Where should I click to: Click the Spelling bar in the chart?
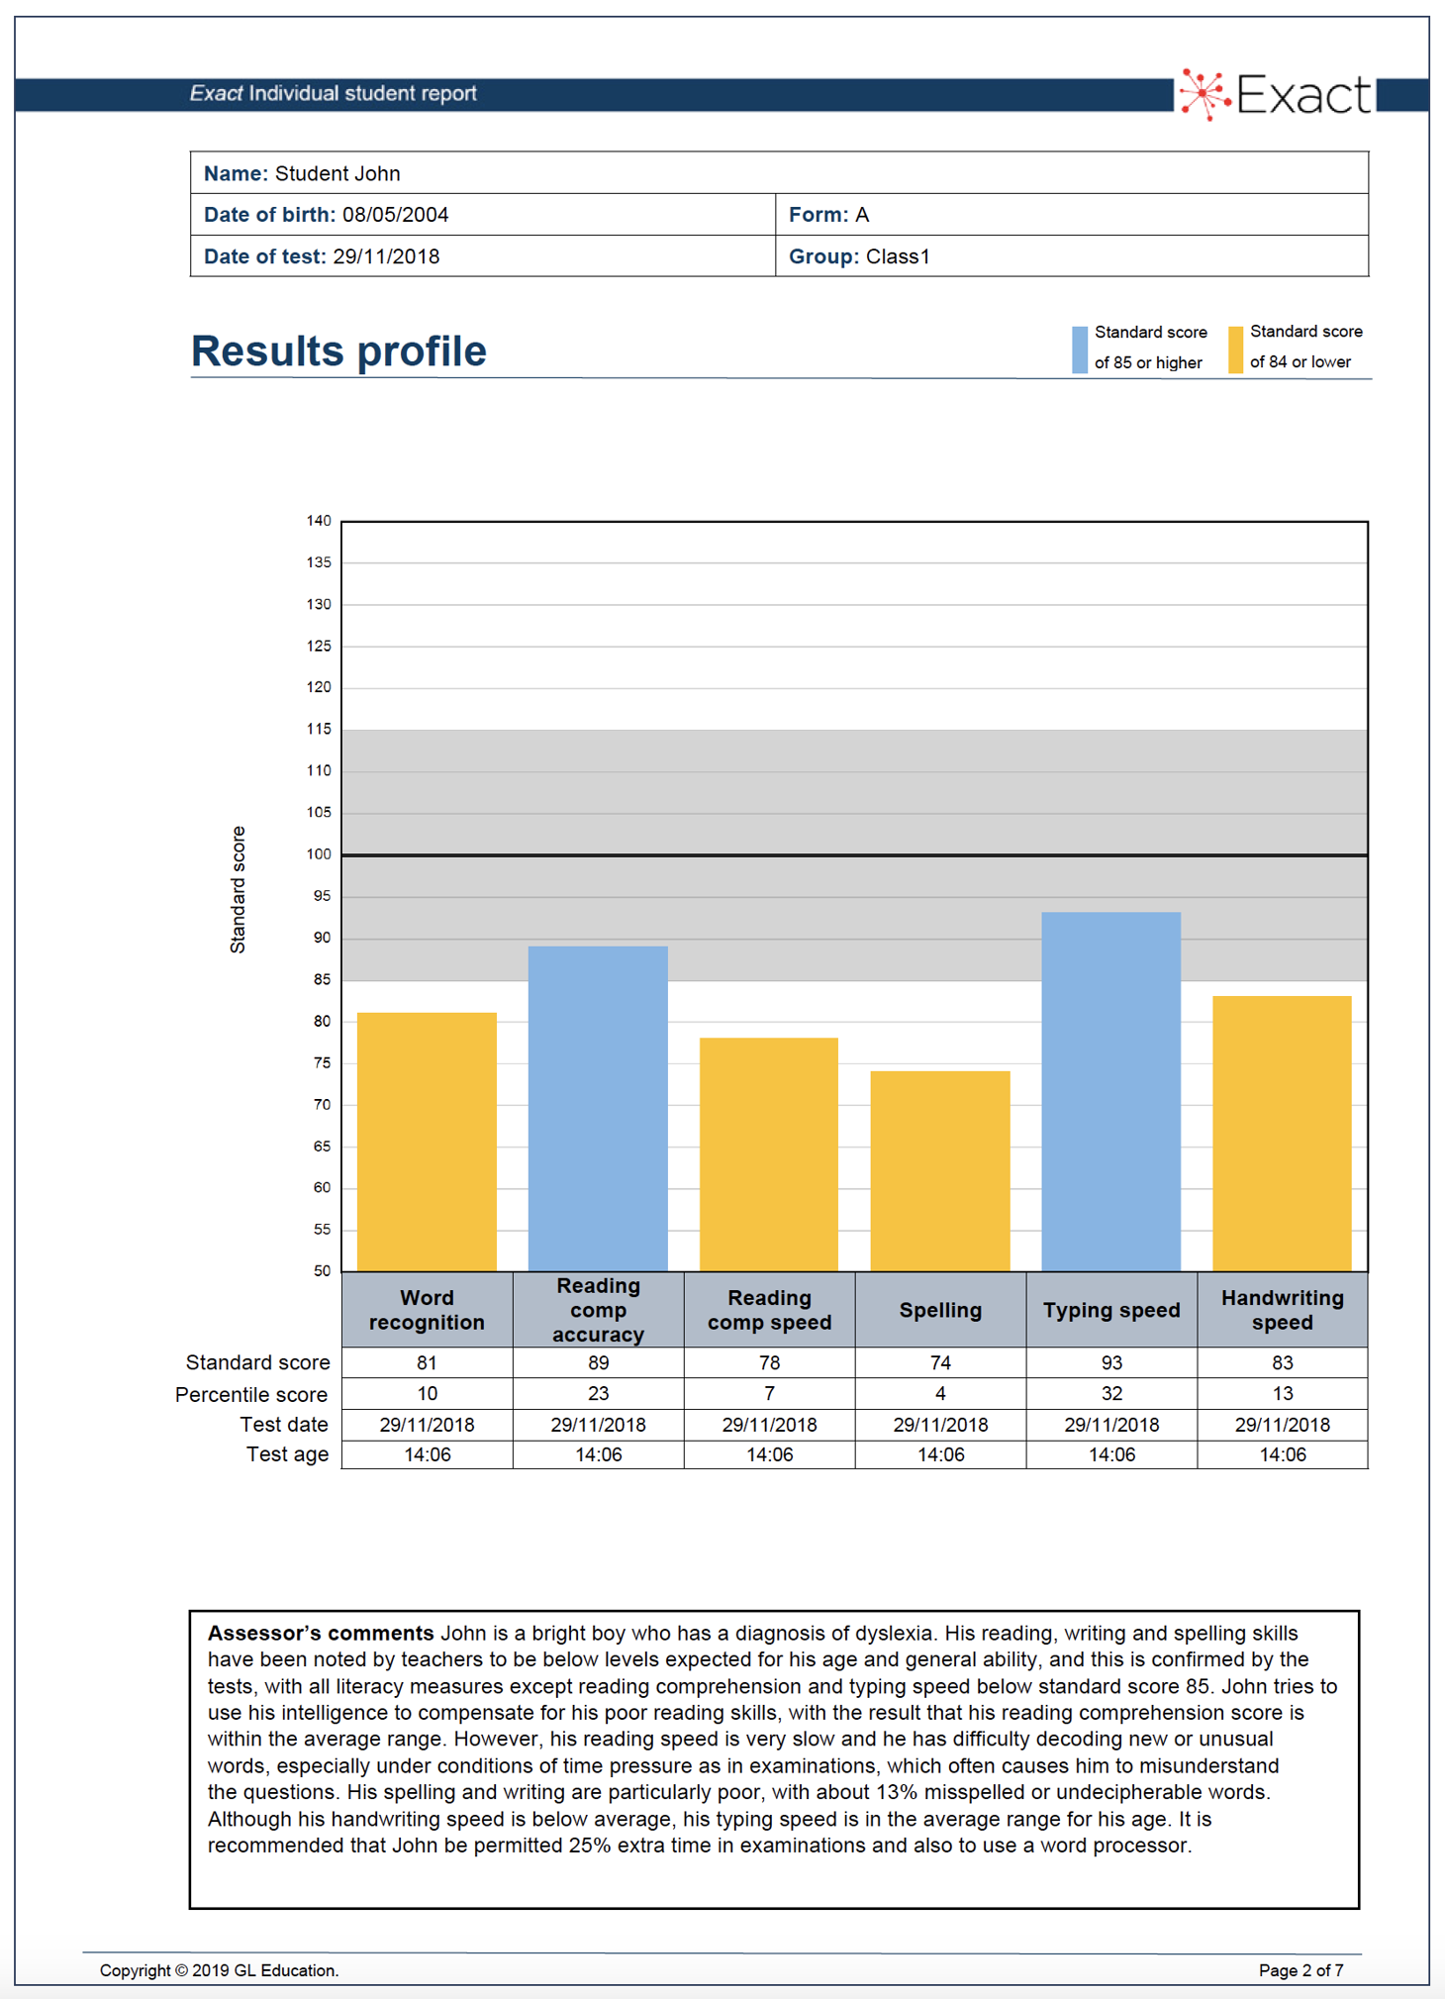click(x=940, y=1170)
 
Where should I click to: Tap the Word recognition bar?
click(x=427, y=1141)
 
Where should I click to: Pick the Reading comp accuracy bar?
click(x=598, y=1108)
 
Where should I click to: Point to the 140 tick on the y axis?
click(x=319, y=521)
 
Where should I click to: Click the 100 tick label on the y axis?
click(x=319, y=854)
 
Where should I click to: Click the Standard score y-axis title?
click(x=238, y=889)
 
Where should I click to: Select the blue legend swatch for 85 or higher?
click(x=1080, y=349)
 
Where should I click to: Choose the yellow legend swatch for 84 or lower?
click(x=1235, y=349)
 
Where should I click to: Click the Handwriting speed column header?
click(x=1282, y=1309)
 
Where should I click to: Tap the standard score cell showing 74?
click(x=940, y=1362)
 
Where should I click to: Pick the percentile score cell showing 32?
click(x=1111, y=1393)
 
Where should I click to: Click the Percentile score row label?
click(x=251, y=1394)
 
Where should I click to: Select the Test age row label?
click(x=287, y=1454)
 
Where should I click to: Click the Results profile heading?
click(x=338, y=351)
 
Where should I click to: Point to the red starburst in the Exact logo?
click(x=1204, y=95)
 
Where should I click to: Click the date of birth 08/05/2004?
click(x=395, y=215)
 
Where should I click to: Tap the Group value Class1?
click(x=898, y=256)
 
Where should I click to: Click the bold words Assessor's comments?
click(x=321, y=1633)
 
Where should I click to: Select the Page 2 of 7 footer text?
click(x=1300, y=1970)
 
